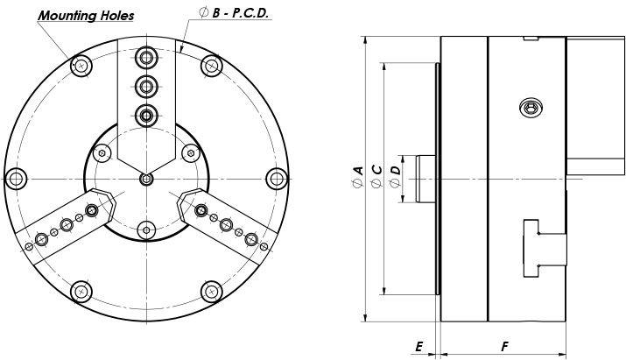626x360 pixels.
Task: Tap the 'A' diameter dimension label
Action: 356,170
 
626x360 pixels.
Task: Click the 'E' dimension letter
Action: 419,347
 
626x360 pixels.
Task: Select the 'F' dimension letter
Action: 505,347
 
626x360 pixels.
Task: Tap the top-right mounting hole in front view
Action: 211,67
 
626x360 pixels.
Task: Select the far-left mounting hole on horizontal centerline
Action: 16,179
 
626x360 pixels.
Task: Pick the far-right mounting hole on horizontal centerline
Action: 276,179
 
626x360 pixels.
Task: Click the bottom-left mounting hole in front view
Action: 81,291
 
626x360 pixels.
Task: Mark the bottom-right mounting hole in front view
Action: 211,291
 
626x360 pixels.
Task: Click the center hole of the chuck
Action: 146,180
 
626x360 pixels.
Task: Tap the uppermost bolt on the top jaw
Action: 146,57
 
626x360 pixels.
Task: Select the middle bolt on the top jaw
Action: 146,85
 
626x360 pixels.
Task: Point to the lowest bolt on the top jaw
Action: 146,114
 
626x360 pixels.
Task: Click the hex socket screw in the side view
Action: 529,109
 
